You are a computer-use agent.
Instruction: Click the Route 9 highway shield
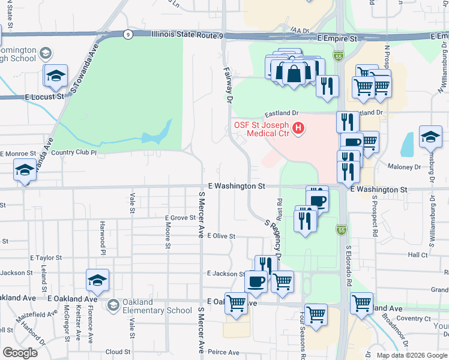(128, 35)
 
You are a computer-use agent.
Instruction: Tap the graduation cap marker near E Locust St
(55, 76)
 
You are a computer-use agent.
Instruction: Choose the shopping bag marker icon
(294, 73)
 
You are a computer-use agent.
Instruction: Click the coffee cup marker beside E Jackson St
(256, 282)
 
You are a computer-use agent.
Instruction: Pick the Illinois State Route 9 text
(187, 35)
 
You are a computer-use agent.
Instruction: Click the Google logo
(20, 353)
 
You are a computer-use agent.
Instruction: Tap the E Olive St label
(220, 236)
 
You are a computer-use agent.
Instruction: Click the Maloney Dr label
(404, 167)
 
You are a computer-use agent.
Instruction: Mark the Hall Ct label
(417, 255)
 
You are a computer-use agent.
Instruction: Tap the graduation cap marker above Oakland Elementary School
(98, 281)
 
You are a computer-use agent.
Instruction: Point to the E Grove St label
(180, 218)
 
